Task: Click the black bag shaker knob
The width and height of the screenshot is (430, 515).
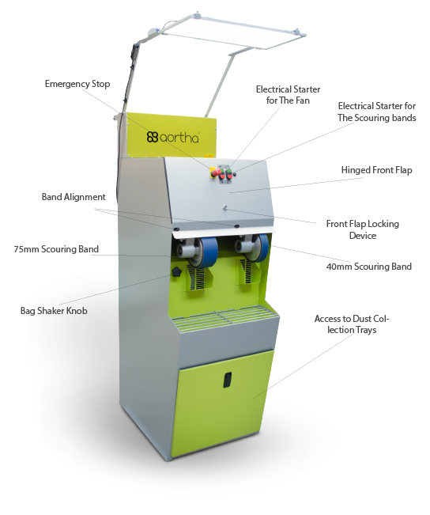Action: (176, 271)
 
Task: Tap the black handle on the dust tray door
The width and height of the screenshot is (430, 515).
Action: (228, 380)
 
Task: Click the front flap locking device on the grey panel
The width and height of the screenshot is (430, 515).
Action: (225, 207)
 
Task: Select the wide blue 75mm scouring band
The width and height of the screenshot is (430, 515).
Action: (206, 251)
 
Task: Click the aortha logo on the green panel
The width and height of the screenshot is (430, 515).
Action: (172, 137)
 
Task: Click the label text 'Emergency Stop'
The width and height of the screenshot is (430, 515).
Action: (77, 84)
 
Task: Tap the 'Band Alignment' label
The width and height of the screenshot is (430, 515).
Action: (74, 197)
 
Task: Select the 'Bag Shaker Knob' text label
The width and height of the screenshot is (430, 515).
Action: (54, 311)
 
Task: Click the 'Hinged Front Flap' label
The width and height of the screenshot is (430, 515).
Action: (376, 170)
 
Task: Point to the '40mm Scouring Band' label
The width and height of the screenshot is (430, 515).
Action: (369, 267)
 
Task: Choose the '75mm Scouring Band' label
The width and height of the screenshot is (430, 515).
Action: (56, 249)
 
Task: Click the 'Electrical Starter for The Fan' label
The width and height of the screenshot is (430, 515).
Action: (288, 95)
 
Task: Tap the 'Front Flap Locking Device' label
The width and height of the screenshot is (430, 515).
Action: (362, 229)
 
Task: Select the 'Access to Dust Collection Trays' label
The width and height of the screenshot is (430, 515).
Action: (352, 324)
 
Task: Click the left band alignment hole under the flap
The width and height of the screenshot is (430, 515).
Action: (176, 229)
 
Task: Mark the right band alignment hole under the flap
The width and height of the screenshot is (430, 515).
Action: (236, 226)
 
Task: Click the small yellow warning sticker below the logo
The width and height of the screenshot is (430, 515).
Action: (208, 155)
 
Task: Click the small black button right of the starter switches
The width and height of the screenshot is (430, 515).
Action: (235, 175)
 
